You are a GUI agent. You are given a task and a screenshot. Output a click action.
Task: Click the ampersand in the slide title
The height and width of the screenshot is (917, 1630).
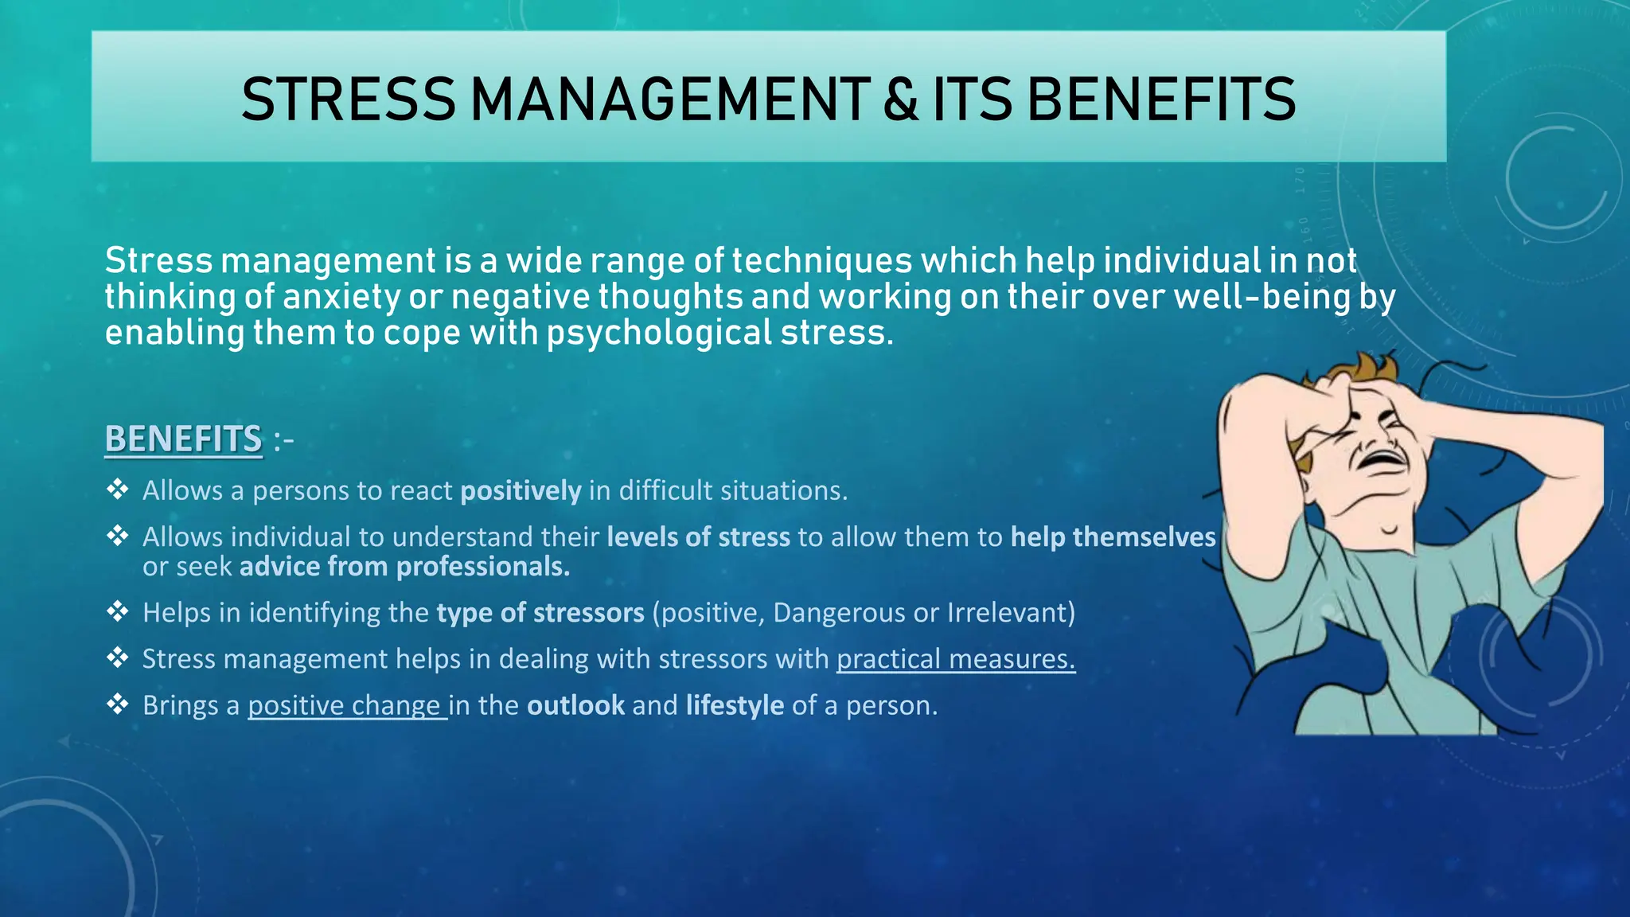pos(900,100)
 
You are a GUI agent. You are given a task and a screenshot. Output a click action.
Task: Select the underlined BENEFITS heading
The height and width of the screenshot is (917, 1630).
pos(183,439)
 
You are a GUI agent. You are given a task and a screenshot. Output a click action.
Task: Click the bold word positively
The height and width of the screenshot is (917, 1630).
pos(521,491)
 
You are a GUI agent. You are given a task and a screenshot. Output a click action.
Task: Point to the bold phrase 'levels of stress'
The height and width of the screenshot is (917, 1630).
pos(698,537)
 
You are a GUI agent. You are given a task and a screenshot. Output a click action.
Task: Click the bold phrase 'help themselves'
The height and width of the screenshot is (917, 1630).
pos(1113,537)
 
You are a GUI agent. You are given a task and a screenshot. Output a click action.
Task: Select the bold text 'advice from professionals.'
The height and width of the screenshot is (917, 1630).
pos(404,567)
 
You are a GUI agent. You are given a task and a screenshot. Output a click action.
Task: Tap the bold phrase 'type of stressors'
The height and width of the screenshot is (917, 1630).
pos(540,613)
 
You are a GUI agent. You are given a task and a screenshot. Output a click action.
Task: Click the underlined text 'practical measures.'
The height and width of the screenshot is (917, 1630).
pos(955,659)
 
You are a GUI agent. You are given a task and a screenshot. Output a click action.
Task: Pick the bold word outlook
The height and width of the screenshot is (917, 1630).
pos(575,706)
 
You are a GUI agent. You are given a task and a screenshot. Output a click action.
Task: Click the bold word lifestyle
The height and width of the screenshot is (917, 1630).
pos(735,706)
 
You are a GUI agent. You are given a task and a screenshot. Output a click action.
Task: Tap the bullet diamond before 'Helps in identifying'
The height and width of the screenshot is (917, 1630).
pos(118,612)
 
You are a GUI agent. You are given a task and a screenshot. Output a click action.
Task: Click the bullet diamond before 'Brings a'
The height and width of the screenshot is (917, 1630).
pos(118,704)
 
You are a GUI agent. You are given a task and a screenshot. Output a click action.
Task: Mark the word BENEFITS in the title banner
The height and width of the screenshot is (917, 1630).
pos(1161,100)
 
